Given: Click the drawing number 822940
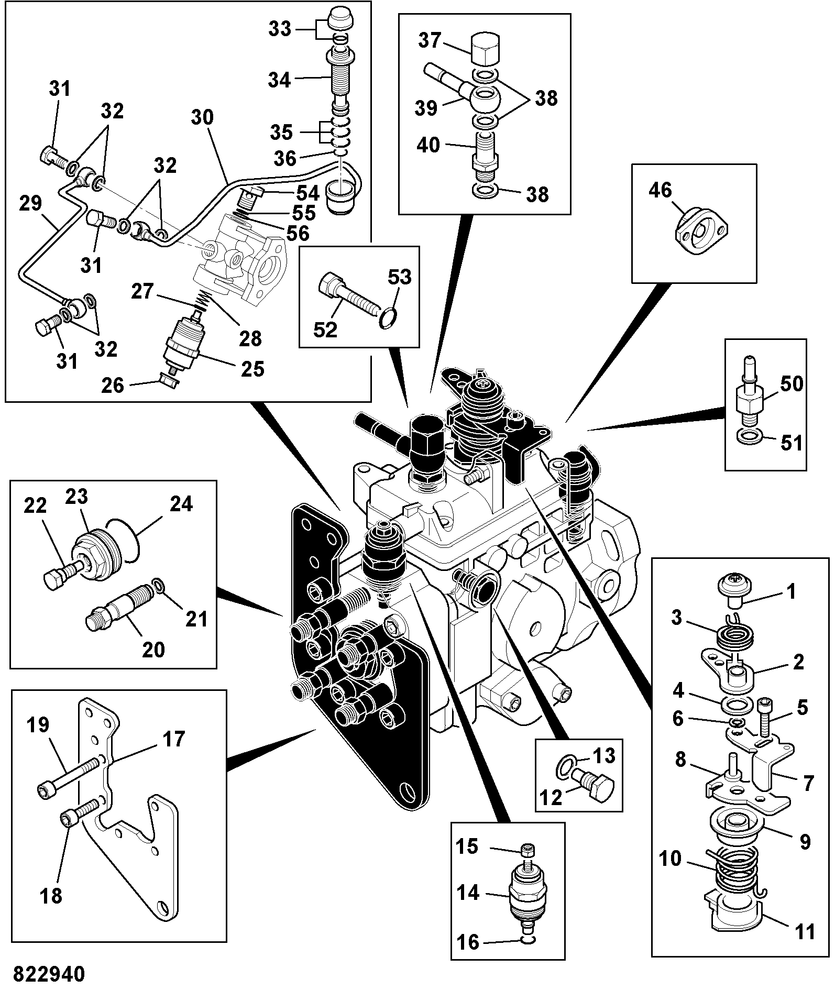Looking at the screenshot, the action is tap(49, 975).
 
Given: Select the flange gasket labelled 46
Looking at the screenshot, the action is tap(701, 231).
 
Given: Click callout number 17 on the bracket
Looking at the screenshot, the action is tap(173, 739).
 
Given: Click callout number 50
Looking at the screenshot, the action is tap(791, 384).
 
